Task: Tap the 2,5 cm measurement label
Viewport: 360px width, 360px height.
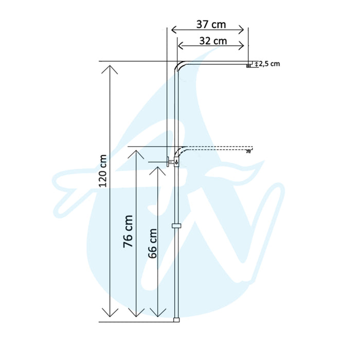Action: click(269, 64)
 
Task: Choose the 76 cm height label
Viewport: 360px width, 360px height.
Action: click(128, 231)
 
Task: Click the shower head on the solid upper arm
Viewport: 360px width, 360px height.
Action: click(249, 65)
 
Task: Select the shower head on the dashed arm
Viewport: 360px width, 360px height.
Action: click(249, 151)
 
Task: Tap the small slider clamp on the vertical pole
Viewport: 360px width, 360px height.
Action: click(176, 227)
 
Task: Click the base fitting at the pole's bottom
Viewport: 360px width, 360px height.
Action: click(176, 319)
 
